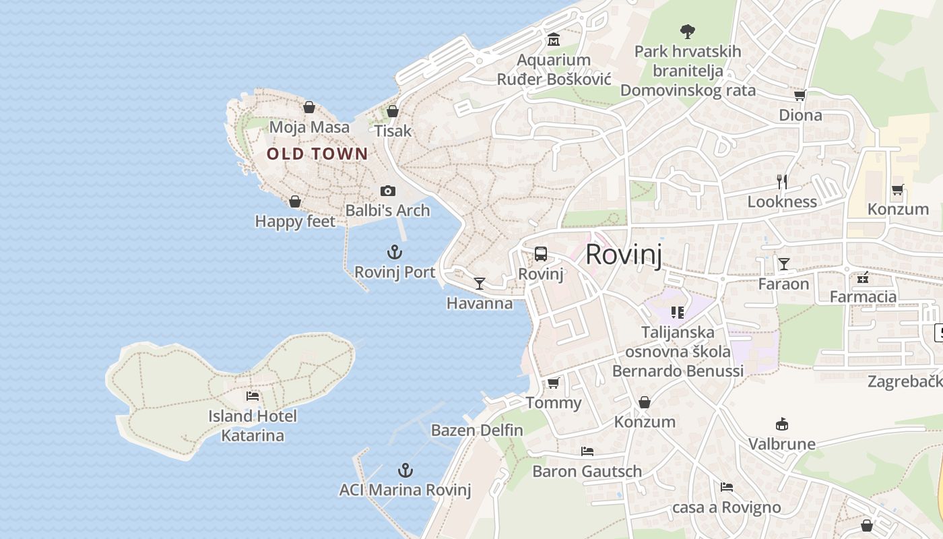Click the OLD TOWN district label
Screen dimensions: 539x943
point(317,154)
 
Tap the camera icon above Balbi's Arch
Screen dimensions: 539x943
point(388,191)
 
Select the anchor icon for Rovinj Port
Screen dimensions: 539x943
point(395,253)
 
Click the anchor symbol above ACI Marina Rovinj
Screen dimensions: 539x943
point(405,470)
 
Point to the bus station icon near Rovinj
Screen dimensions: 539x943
point(541,254)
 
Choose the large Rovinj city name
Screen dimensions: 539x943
point(624,255)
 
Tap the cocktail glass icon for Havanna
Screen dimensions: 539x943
point(480,284)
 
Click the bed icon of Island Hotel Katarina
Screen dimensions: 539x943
point(253,396)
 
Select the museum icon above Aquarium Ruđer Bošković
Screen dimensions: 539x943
point(554,40)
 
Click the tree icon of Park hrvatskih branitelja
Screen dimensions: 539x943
point(688,31)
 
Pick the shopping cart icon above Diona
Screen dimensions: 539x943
point(800,96)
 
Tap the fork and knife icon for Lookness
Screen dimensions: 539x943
point(782,181)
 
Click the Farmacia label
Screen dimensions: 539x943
point(863,296)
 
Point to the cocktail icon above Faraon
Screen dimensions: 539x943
point(783,263)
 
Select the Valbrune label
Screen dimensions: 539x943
point(782,444)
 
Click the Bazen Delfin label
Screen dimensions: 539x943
point(477,430)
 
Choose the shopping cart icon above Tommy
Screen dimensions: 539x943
point(553,383)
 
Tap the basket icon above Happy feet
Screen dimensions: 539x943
point(294,201)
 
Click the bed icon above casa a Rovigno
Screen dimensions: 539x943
point(726,487)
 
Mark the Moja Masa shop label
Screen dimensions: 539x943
point(309,127)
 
